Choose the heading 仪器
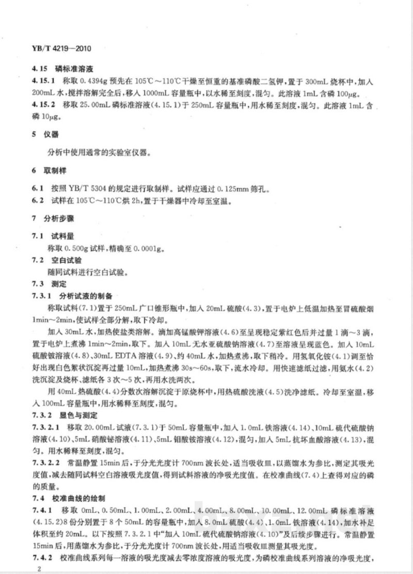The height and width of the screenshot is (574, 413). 54,134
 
